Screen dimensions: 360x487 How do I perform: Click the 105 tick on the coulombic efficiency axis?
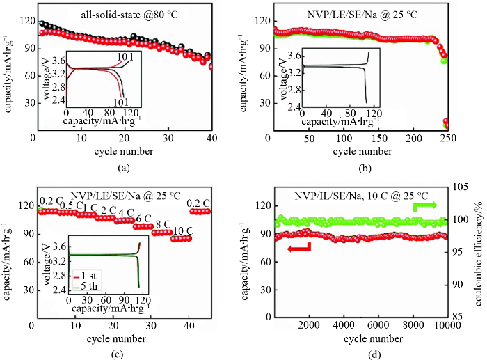pos(461,187)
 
